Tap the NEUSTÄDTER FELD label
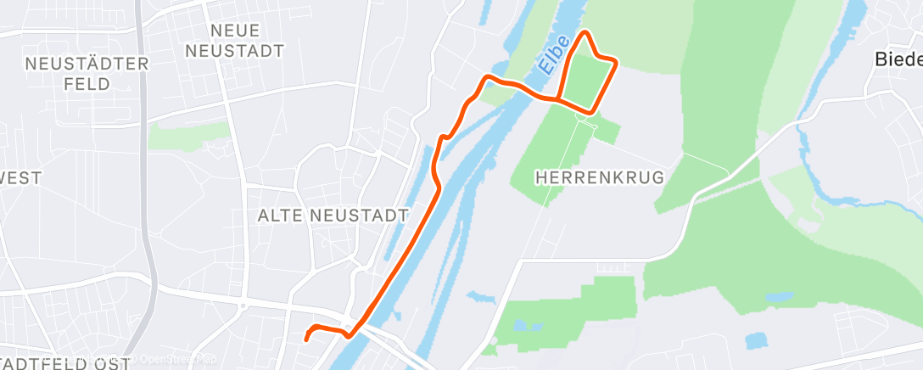pyautogui.click(x=87, y=74)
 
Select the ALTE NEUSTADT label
pyautogui.click(x=333, y=216)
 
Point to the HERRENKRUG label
pyautogui.click(x=600, y=177)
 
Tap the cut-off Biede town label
pyautogui.click(x=898, y=59)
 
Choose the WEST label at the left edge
pyautogui.click(x=19, y=177)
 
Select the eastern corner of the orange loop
pyautogui.click(x=614, y=62)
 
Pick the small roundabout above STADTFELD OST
pyautogui.click(x=242, y=306)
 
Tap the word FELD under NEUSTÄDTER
pyautogui.click(x=87, y=84)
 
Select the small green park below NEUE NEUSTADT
pyautogui.click(x=188, y=135)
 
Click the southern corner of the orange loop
pyautogui.click(x=590, y=111)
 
